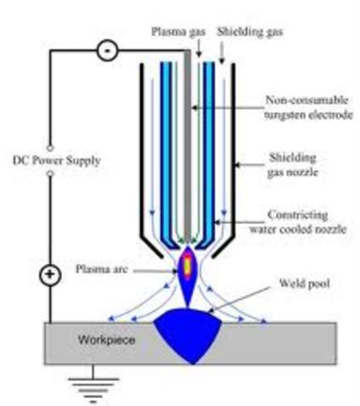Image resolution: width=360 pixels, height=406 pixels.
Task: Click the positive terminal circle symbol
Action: tap(50, 276)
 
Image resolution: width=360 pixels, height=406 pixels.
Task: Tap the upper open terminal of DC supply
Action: tap(50, 145)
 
